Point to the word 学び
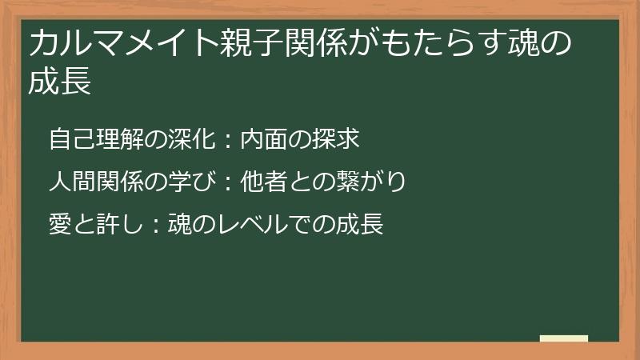point(189,182)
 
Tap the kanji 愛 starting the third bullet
point(59,224)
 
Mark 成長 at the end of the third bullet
point(364,224)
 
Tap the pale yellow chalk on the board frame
point(563,338)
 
